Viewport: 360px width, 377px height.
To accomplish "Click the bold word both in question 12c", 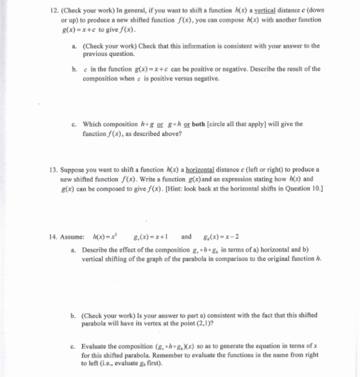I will [211, 124].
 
